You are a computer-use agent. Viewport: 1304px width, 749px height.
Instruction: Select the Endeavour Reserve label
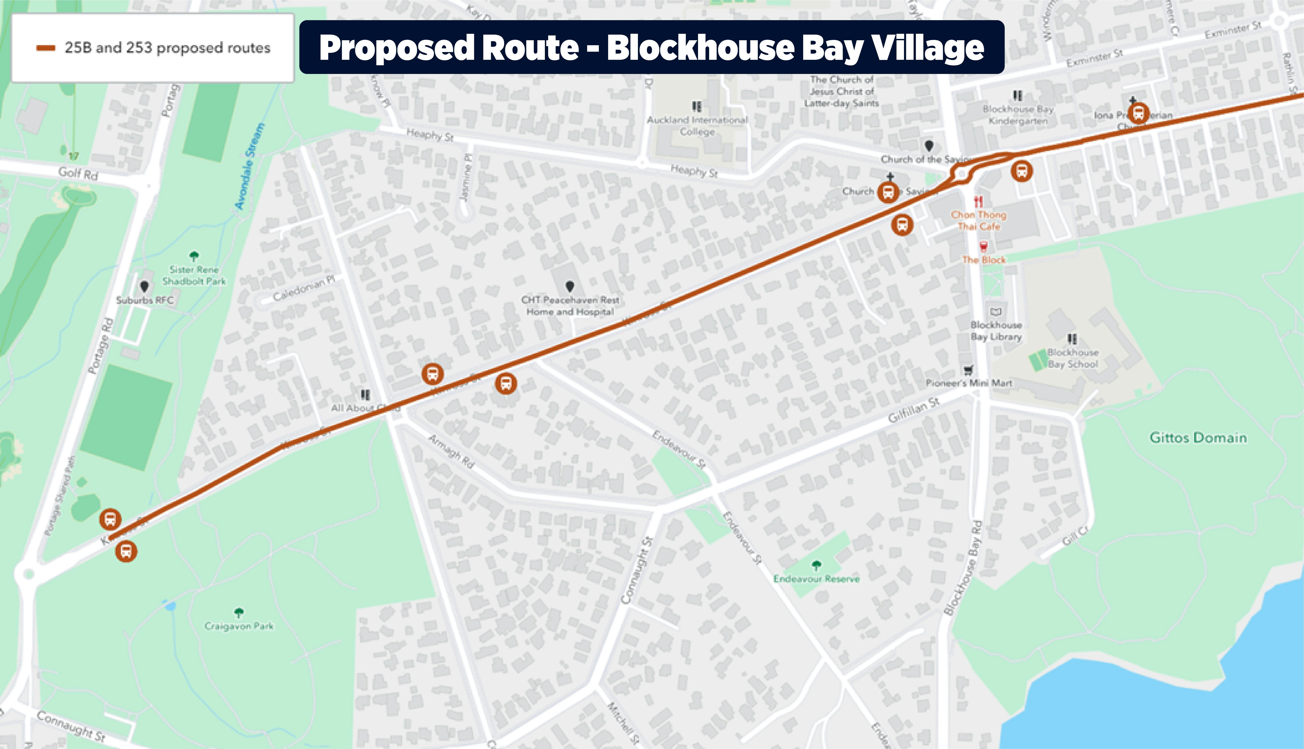(x=816, y=579)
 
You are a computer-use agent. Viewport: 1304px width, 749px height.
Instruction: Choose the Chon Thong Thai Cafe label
(x=978, y=221)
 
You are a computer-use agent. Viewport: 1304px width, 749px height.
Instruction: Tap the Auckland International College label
(x=697, y=126)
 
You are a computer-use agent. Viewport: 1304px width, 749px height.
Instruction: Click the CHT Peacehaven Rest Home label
(x=570, y=306)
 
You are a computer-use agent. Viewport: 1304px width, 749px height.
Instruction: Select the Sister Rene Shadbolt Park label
(x=194, y=275)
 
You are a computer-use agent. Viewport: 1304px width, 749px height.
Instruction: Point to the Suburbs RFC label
(x=145, y=300)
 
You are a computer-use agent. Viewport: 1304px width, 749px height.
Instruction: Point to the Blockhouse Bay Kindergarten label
(x=1018, y=115)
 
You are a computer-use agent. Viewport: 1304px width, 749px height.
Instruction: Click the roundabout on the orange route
(x=962, y=174)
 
